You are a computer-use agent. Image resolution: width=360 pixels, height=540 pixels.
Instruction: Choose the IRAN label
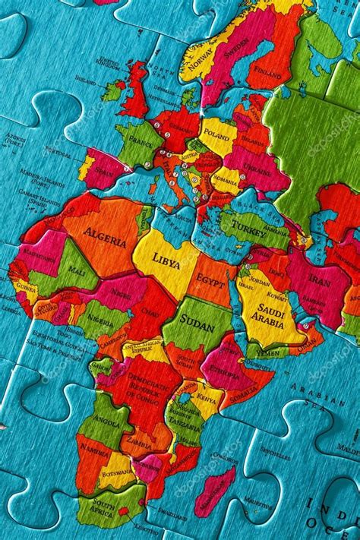tap(319, 280)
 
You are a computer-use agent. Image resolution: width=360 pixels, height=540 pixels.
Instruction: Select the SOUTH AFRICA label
tap(102, 506)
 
